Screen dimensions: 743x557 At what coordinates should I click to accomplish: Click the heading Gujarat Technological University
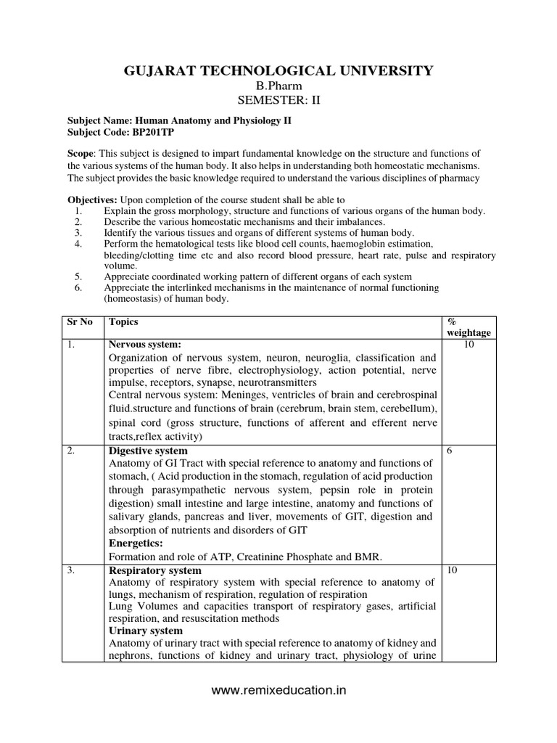[278, 70]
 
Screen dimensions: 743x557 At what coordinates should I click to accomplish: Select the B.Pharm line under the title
[278, 86]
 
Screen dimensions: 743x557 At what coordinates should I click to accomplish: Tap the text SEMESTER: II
[278, 100]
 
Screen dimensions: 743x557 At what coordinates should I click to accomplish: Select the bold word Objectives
[93, 200]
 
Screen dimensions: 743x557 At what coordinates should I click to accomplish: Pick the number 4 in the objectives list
[78, 244]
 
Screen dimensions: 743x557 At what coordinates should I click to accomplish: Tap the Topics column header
[123, 321]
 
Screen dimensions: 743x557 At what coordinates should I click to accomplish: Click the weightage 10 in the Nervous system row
[469, 345]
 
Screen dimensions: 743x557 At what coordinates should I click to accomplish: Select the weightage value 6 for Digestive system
[450, 451]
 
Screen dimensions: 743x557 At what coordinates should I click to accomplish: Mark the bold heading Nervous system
[144, 345]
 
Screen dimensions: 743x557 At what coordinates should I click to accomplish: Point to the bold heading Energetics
[134, 543]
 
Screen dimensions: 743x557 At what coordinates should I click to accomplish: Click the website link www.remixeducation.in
[278, 691]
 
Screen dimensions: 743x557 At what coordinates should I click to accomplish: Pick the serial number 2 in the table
[71, 451]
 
